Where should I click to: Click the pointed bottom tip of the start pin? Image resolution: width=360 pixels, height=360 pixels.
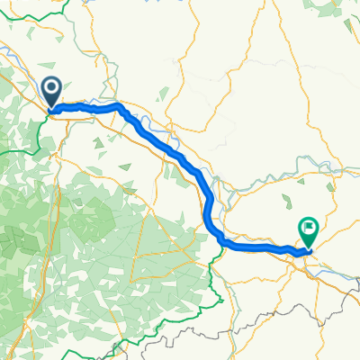point(49,110)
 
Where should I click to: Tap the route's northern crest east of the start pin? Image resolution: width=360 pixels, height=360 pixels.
point(117,106)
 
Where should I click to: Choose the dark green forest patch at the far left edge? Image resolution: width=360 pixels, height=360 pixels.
point(7,238)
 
